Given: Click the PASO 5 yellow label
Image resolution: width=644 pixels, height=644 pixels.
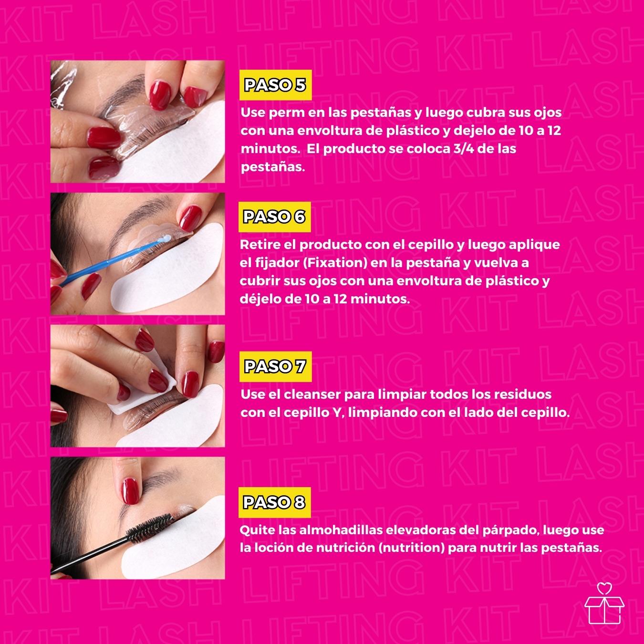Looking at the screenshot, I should click(275, 85).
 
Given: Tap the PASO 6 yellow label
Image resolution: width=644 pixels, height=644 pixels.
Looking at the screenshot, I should click(274, 217).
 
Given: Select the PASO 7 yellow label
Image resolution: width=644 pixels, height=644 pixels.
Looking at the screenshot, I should click(274, 366).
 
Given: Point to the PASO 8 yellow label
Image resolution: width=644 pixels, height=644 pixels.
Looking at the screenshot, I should click(274, 502).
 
